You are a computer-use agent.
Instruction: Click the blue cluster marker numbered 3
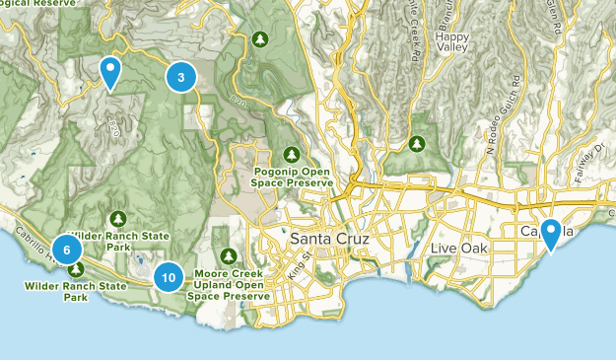(180, 77)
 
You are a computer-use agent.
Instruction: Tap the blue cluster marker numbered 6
(67, 250)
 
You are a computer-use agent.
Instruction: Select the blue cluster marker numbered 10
(169, 278)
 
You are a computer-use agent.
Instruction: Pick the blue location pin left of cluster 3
(110, 72)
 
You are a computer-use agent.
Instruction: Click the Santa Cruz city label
(327, 240)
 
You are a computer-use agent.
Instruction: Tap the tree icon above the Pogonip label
(292, 154)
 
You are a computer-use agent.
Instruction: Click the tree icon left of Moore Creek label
(229, 256)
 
